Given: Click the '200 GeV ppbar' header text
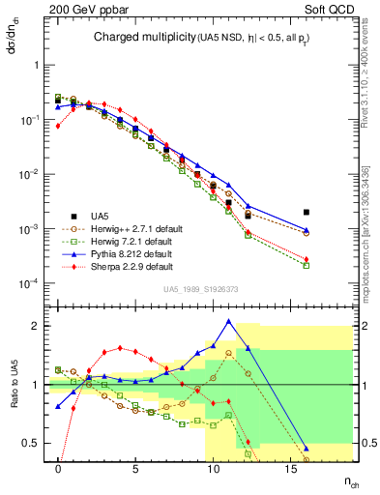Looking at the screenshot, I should pyautogui.click(x=84, y=9).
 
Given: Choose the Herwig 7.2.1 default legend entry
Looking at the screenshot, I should pyautogui.click(x=126, y=241).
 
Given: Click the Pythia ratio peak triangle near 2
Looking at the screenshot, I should pyautogui.click(x=228, y=321).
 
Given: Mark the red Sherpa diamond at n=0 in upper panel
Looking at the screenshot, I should pyautogui.click(x=58, y=126).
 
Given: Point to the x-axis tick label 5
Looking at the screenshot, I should pyautogui.click(x=135, y=467).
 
